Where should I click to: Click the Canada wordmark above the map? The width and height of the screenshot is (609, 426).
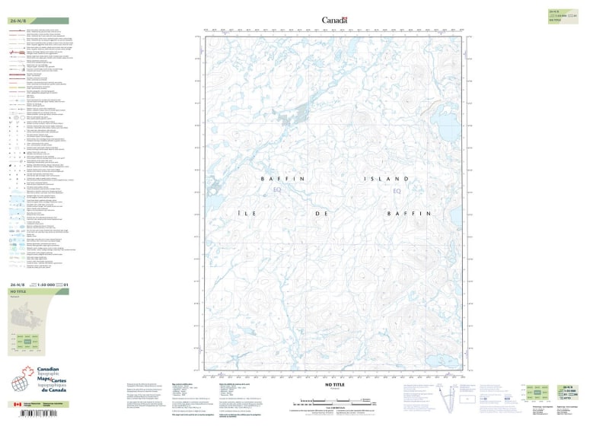pos(334,20)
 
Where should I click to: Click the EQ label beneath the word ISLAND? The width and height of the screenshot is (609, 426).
pos(396,190)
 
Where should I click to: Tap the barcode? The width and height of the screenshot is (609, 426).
pos(27,415)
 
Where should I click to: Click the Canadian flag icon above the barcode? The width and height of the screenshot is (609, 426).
pos(18,405)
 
